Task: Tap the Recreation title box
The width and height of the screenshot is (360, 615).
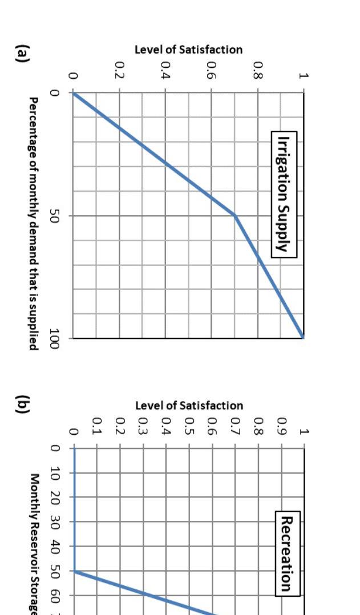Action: tap(286, 553)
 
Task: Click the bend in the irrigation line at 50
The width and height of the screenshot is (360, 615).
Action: tap(234, 215)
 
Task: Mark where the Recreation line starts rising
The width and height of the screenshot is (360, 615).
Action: tap(74, 571)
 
